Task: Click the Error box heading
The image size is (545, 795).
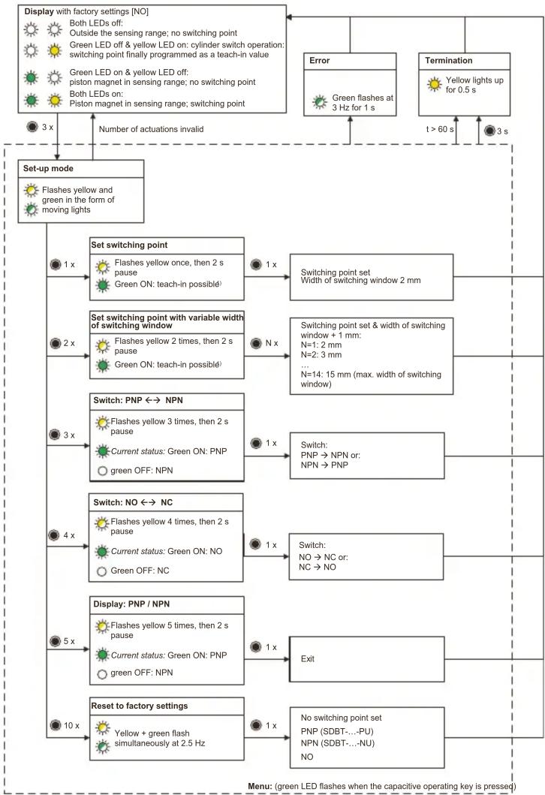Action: (x=319, y=60)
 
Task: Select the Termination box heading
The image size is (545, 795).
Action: (x=449, y=60)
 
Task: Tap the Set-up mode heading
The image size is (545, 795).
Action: (x=48, y=168)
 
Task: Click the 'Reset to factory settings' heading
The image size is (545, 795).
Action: (x=140, y=706)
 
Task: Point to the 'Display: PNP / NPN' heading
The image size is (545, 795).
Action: (x=131, y=604)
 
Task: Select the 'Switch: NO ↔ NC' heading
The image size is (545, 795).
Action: (x=133, y=502)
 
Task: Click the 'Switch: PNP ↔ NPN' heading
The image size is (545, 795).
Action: (x=138, y=400)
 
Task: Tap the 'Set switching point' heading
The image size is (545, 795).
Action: (x=129, y=245)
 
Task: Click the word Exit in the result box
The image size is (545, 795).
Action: (x=307, y=658)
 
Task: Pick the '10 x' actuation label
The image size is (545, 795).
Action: (x=71, y=725)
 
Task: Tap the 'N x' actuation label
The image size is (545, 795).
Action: (x=272, y=343)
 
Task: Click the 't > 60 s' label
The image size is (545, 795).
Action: (x=440, y=129)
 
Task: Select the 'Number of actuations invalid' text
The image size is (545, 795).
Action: (x=151, y=129)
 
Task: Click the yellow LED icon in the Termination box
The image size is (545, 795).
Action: (x=435, y=84)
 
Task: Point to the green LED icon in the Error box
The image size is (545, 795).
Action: (x=319, y=102)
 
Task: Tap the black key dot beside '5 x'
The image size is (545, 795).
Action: (x=56, y=641)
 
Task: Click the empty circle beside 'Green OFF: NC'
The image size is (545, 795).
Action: (x=101, y=571)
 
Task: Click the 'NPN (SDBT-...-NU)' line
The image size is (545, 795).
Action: (x=338, y=743)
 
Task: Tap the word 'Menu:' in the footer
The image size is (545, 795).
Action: (x=260, y=786)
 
